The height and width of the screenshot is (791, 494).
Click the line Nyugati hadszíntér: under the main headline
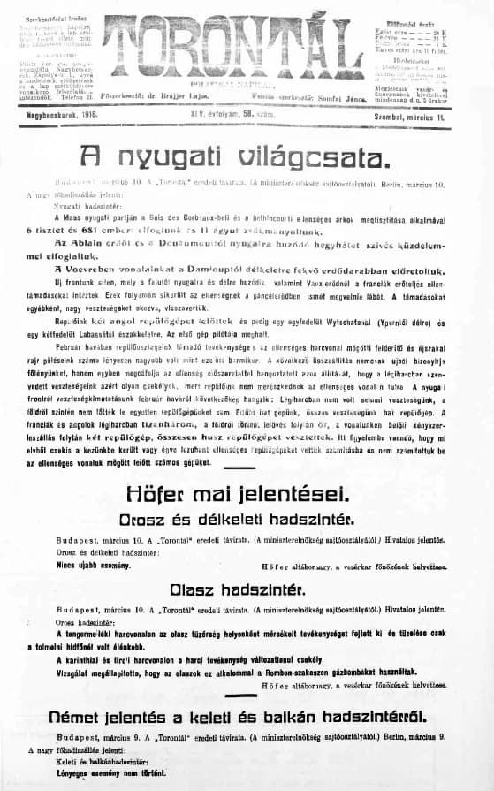point(74,203)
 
